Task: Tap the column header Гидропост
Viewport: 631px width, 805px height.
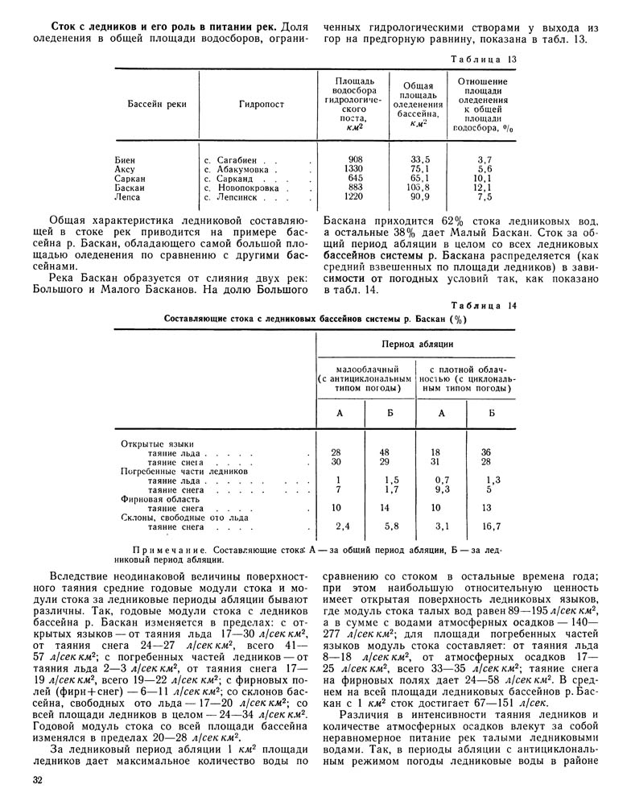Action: (x=258, y=105)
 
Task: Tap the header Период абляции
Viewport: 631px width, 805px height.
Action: (x=415, y=345)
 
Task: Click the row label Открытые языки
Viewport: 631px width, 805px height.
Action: (x=148, y=444)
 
